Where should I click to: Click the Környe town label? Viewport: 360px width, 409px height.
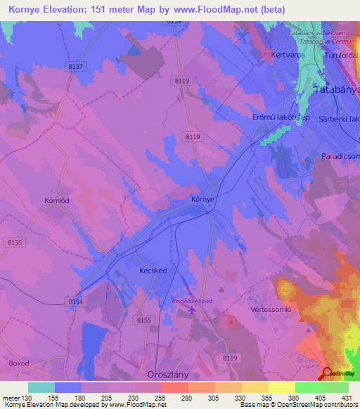(202, 200)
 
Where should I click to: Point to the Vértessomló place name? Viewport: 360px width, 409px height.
(271, 309)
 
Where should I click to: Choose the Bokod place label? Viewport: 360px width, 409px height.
(20, 364)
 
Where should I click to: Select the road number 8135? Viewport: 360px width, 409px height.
(15, 242)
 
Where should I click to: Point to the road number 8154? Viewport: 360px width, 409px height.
(75, 301)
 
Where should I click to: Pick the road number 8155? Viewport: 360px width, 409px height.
(144, 320)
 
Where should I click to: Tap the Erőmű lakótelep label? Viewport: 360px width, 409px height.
(281, 117)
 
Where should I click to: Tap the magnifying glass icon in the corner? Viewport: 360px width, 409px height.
(327, 374)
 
